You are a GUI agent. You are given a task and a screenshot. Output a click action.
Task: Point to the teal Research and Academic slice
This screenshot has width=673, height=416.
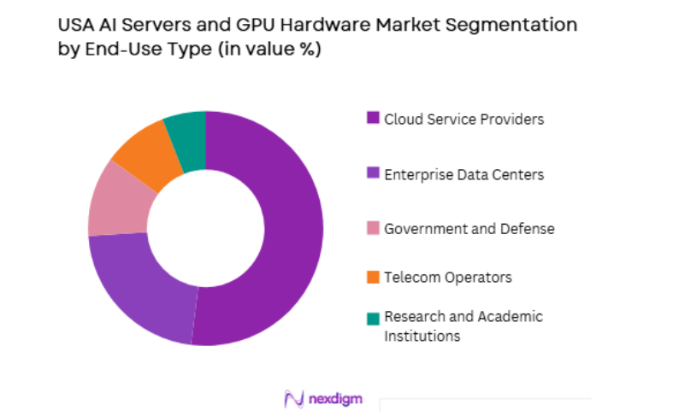(186, 129)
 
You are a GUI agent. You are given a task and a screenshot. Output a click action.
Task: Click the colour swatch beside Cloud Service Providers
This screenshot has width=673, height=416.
(373, 119)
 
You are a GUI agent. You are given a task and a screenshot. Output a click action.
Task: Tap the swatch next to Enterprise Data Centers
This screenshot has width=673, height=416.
(373, 174)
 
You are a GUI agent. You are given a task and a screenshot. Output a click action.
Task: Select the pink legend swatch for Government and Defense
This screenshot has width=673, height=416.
(373, 229)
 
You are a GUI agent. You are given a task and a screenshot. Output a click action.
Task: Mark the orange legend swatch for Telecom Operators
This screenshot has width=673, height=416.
(373, 278)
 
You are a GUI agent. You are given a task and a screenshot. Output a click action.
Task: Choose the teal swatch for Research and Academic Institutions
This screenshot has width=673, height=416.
(373, 318)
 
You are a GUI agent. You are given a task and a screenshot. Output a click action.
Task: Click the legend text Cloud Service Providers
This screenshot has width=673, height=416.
(463, 119)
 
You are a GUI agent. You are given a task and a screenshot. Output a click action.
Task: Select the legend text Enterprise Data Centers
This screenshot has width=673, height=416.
(463, 174)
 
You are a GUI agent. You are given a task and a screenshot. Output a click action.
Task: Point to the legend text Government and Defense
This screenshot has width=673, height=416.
(469, 229)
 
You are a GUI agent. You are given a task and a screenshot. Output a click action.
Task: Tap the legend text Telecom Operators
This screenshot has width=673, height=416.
(448, 278)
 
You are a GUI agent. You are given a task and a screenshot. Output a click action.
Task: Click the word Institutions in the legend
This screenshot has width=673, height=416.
(422, 336)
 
